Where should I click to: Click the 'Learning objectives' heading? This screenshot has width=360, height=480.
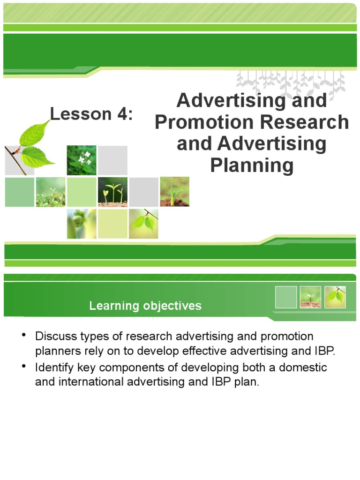click(145, 306)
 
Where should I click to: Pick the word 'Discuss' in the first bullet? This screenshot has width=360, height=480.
click(54, 337)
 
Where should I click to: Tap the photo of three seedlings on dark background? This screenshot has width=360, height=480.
click(112, 192)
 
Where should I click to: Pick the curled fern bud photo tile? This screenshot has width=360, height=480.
click(82, 223)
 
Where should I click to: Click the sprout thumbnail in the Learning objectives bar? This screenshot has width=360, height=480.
click(310, 297)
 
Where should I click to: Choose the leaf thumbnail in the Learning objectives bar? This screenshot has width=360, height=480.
click(335, 297)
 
